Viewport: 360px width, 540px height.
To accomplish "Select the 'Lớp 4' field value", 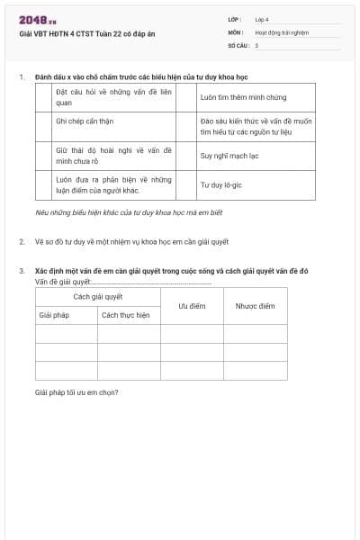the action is coord(262,19).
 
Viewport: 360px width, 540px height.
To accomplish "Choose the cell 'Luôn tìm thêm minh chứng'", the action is coord(243,96).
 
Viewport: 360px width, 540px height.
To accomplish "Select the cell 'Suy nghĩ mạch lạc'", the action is coord(230,155).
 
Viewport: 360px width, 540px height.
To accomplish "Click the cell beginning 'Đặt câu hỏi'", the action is coord(112,96).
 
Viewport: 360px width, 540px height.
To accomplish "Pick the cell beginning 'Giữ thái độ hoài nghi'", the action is coord(112,155).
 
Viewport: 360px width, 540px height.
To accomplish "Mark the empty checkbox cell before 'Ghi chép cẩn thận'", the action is coord(43,125).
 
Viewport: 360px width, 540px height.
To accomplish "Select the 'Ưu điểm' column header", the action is coord(192,306).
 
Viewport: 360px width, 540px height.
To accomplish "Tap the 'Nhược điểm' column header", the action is coord(255,306).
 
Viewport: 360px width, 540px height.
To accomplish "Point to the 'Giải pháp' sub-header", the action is coord(54,315).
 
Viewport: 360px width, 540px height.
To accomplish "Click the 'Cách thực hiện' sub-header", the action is coord(125,315).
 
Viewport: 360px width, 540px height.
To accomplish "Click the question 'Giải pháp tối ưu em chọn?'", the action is coord(76,391).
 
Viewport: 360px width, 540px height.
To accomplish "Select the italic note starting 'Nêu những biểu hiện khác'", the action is coord(128,212).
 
